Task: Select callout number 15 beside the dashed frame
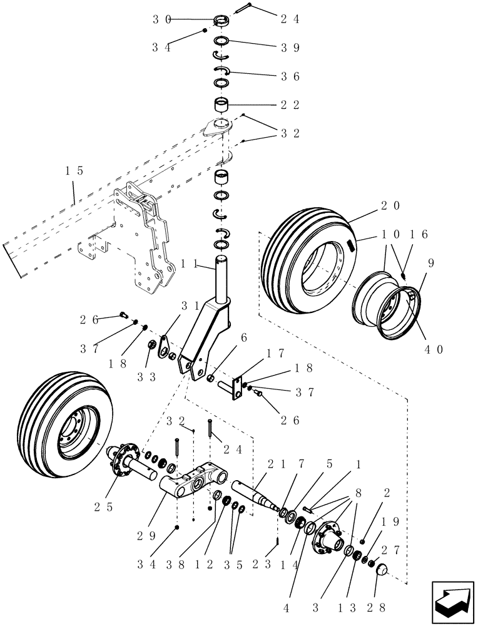coord(74,170)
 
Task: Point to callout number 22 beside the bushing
coord(289,105)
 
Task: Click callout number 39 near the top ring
coord(289,48)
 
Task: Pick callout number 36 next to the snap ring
coord(289,76)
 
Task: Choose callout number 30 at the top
coord(162,19)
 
